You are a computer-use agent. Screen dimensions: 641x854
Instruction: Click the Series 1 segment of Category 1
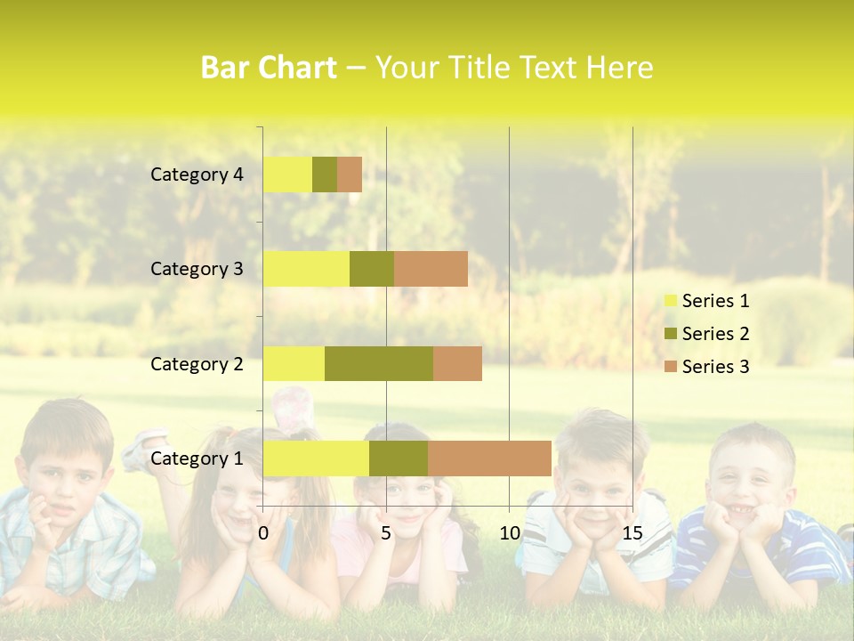[316, 458]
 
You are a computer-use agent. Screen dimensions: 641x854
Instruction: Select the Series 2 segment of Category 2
[379, 363]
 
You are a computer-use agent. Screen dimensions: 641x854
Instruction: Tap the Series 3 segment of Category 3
[431, 269]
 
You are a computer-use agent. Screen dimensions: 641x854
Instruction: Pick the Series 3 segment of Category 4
[350, 174]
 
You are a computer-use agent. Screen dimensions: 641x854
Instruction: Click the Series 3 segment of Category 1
[489, 458]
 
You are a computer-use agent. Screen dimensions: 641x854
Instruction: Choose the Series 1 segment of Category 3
[306, 269]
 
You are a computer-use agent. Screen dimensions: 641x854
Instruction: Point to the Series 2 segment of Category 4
[325, 174]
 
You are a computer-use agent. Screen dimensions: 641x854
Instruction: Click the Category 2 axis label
[197, 363]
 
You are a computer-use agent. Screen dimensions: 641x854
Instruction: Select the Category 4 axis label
[197, 174]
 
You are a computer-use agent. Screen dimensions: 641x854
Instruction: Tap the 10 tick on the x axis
[509, 533]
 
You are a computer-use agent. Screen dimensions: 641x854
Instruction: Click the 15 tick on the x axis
[632, 533]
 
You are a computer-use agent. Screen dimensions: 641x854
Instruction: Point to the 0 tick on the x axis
[263, 533]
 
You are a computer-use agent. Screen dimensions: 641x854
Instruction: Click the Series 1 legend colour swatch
[669, 301]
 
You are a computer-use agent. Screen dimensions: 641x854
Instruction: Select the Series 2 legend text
[715, 334]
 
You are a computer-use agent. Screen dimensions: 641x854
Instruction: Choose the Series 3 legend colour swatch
[669, 367]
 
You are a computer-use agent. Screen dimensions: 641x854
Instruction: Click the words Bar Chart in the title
[269, 68]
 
